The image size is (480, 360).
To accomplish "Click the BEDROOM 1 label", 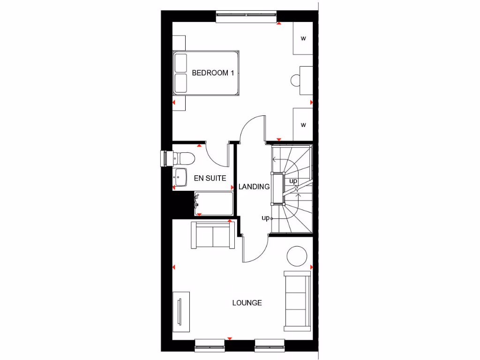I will point(213,73).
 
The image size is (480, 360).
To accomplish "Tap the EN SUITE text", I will point(210,178).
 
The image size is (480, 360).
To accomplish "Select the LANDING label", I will point(254,187).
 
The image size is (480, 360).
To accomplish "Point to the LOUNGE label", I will point(247,303).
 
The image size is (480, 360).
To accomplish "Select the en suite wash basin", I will point(180,176).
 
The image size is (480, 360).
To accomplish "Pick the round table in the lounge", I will point(296,256).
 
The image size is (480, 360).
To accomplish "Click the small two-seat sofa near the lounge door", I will point(212,235).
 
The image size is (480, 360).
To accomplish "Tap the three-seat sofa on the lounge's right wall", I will point(296,300).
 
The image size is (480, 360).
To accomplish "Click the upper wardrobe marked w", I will point(303,38).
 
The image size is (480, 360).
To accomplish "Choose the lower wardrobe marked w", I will point(303,125).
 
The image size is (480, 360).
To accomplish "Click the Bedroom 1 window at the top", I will point(246,17).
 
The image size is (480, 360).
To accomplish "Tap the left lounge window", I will point(210,345).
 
